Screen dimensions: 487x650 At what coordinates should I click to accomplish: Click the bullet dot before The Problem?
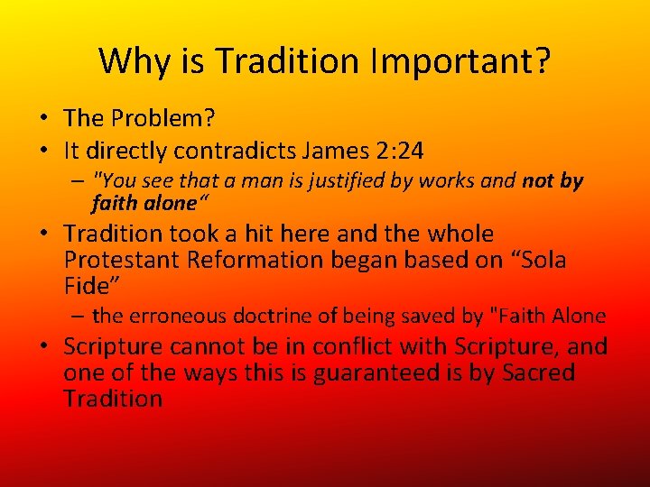point(42,119)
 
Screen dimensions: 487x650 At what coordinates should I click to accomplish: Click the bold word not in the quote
point(538,181)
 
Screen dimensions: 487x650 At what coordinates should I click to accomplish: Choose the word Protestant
point(124,260)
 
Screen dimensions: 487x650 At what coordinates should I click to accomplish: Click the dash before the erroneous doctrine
point(79,316)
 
